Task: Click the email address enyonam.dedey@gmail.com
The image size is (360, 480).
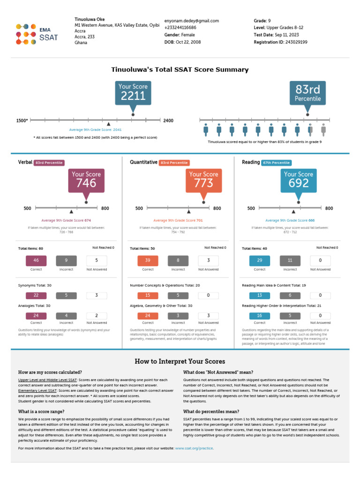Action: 191,21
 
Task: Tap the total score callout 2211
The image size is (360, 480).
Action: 133,92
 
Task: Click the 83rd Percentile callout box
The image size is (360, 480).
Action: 307,92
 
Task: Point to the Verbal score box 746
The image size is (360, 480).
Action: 86,180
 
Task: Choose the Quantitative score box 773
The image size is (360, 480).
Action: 203,180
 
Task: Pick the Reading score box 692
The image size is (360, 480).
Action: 298,180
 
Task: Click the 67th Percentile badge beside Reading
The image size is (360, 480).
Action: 276,163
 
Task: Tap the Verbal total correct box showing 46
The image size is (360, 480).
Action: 36,261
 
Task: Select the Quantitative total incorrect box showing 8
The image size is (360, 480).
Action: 178,261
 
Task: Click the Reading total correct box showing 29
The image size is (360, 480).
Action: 260,261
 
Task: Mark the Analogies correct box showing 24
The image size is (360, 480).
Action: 36,315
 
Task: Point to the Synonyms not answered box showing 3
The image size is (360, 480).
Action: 97,295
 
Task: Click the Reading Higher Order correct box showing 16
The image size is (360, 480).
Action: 260,315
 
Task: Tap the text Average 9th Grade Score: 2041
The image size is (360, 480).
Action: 95,130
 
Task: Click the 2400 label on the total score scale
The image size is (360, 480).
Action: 168,120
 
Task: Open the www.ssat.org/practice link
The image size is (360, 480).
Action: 194,448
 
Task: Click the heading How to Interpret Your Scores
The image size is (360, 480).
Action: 180,361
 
